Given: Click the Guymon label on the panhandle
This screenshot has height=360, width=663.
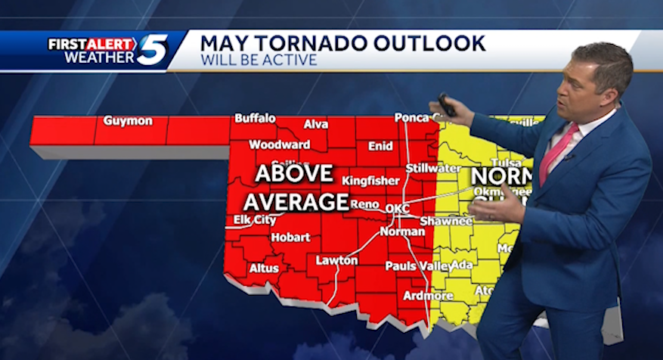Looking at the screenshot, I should [x=128, y=121].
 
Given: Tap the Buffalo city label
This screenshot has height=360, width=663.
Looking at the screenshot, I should [x=255, y=118].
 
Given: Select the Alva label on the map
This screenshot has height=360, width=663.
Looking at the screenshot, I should [x=315, y=124].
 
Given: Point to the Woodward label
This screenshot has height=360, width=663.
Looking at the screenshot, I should [x=280, y=144].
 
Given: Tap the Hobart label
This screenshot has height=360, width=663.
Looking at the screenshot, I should [x=290, y=237].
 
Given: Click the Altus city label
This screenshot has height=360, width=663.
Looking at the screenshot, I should [x=264, y=268].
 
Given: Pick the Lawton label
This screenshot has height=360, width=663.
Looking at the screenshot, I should [x=336, y=260].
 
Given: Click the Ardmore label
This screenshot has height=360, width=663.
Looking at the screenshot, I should [x=429, y=295].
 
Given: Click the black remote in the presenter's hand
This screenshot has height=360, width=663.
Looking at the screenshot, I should [x=447, y=104].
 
